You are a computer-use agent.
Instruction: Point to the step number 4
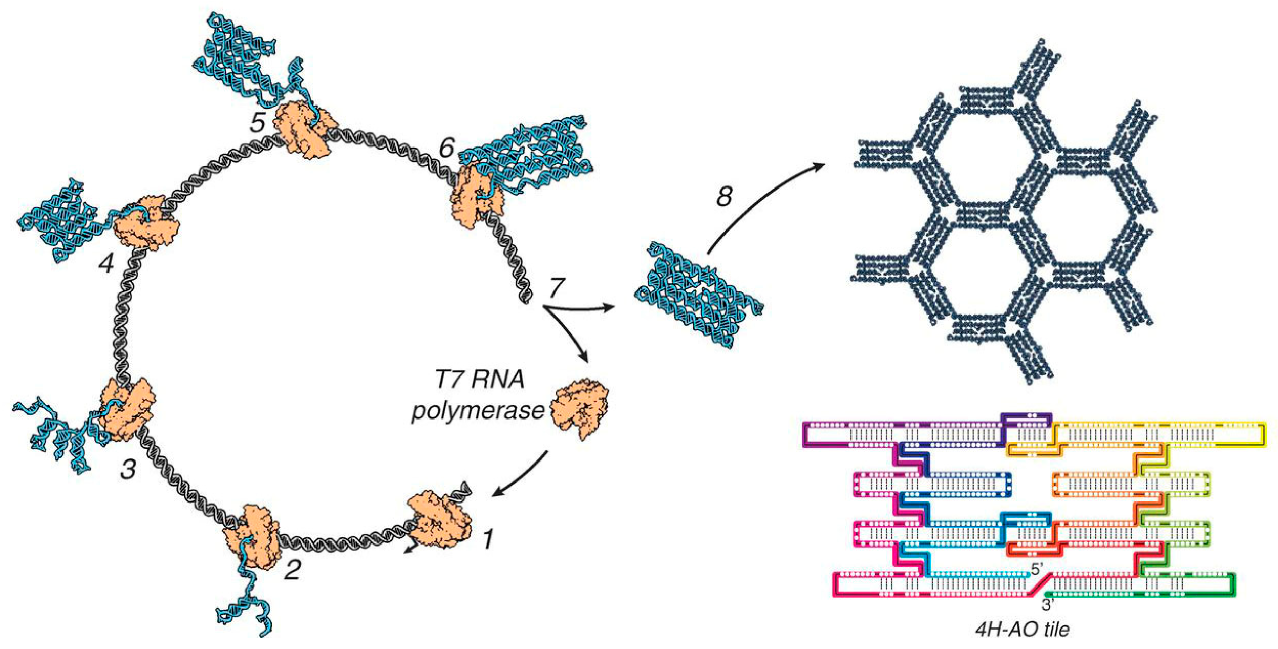[106, 264]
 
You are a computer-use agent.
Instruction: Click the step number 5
[258, 122]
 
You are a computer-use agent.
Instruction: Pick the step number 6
[446, 148]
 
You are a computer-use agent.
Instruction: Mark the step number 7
[557, 288]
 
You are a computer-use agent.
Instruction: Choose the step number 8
[724, 196]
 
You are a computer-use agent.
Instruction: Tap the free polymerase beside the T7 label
[580, 407]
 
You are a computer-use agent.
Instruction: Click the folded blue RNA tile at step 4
[59, 221]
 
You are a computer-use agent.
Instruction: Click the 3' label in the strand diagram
[1048, 605]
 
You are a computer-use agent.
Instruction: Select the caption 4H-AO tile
[1022, 629]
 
